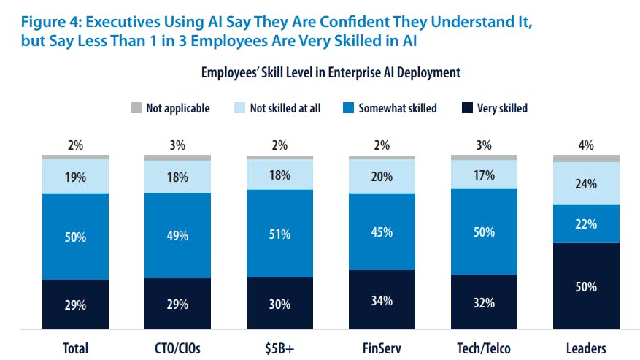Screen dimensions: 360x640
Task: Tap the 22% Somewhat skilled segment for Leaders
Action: coord(586,224)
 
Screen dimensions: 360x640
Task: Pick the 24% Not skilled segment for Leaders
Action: coord(586,183)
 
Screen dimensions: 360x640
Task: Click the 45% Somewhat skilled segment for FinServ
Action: coord(382,232)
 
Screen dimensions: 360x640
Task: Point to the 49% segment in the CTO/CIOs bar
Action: coord(177,235)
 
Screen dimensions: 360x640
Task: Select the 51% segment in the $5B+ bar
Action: coord(279,234)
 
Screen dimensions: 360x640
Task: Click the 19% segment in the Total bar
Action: coord(75,176)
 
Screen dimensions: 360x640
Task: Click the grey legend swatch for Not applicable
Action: coord(136,108)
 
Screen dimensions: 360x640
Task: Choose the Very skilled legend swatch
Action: coord(466,108)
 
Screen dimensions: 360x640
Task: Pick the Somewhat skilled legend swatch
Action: coord(347,108)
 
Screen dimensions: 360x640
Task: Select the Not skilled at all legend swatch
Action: coord(239,108)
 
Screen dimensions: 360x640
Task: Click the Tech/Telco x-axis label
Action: coord(484,348)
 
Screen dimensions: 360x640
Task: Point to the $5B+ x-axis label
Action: coord(279,348)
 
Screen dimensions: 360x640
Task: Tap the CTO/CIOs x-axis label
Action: coord(177,348)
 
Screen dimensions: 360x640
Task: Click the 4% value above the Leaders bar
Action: coord(586,145)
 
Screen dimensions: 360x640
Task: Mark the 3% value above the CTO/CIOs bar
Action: coord(177,145)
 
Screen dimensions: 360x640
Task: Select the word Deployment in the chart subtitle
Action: coord(431,73)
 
